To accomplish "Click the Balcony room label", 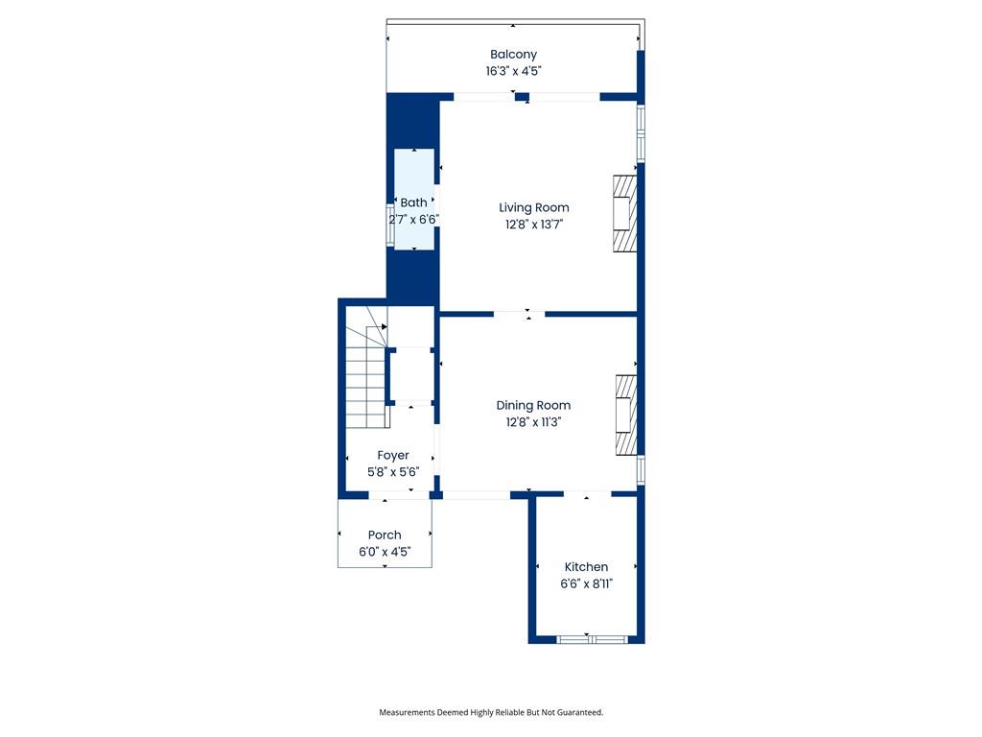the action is click(x=513, y=55).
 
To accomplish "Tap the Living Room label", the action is click(x=533, y=208).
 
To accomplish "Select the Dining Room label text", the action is click(x=533, y=406).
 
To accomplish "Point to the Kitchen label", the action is click(x=586, y=566).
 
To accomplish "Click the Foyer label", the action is click(x=392, y=456).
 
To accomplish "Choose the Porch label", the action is click(x=385, y=535).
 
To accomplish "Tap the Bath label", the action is click(x=413, y=202).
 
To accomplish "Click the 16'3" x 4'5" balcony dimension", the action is click(x=513, y=71).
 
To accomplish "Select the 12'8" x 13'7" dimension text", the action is click(x=533, y=225).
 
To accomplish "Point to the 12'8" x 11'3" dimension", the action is click(x=533, y=422).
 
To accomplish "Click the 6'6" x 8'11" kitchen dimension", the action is click(x=586, y=583).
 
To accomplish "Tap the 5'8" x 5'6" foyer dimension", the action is click(x=392, y=472).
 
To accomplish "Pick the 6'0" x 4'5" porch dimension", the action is click(x=385, y=552).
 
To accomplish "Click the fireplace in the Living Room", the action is click(x=624, y=213).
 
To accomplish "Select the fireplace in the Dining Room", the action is click(x=626, y=415).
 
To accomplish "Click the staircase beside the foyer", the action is click(x=366, y=376).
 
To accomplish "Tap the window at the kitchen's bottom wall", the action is click(x=592, y=639).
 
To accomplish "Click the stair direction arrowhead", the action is click(x=384, y=326).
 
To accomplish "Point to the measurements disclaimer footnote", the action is click(x=491, y=712).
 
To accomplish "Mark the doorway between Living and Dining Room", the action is click(x=519, y=314).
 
